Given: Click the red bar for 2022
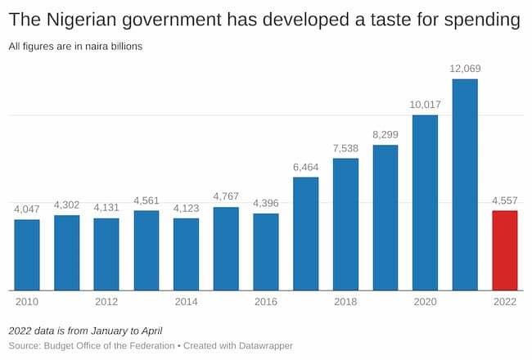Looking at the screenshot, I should (x=504, y=250).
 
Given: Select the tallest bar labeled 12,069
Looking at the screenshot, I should (x=464, y=184).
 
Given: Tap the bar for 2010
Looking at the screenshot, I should (x=27, y=254).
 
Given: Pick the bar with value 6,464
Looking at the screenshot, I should (x=305, y=233).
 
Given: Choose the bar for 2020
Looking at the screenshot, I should (x=425, y=202).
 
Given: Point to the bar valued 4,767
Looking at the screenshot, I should (x=226, y=249).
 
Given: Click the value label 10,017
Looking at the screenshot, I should (x=425, y=104).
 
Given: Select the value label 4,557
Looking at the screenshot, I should (x=504, y=200).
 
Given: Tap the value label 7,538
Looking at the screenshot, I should (x=345, y=147).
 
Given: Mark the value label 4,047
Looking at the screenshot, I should (x=27, y=209).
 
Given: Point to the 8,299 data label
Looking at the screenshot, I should (x=385, y=134).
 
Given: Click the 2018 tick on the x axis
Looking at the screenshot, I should (x=345, y=302).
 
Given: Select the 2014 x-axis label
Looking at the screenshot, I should (x=186, y=302).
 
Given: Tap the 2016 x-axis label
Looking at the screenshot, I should (x=266, y=302).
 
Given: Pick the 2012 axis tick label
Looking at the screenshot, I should (x=106, y=302).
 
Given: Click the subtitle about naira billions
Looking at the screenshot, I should (x=75, y=47).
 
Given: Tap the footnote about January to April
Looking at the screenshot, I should (x=85, y=331).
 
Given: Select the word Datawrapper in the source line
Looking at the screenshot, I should (x=260, y=346).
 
